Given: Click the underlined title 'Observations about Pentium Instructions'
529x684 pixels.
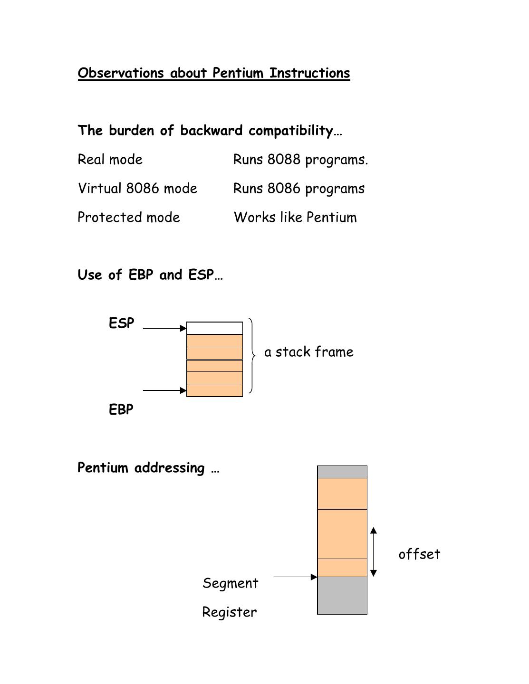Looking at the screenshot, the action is (214, 73).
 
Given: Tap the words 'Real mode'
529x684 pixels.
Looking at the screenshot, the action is (110, 160).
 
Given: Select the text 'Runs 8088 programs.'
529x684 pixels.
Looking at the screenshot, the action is (300, 160).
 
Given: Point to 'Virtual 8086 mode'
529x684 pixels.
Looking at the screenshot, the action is (137, 189).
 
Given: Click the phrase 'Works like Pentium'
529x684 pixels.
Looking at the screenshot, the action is (295, 218).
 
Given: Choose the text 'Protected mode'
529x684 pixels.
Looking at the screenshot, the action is (129, 218).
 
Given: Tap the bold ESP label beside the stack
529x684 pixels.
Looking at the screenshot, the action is (122, 323).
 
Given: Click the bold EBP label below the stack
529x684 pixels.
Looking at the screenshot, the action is (121, 409).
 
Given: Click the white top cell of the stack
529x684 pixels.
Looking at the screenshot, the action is (215, 328).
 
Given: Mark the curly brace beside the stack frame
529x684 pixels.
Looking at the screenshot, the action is (251, 356).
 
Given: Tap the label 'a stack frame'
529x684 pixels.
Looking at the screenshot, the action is (309, 352).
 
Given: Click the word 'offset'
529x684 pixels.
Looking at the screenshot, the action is (419, 554).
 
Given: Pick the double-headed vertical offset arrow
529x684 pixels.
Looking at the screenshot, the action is (374, 552).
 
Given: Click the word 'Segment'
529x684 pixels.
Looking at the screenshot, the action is (231, 583).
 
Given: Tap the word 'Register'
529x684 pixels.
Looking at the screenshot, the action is (230, 612).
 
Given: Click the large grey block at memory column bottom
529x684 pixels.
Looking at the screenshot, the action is (342, 596).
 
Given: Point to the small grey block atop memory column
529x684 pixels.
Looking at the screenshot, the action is (342, 472).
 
